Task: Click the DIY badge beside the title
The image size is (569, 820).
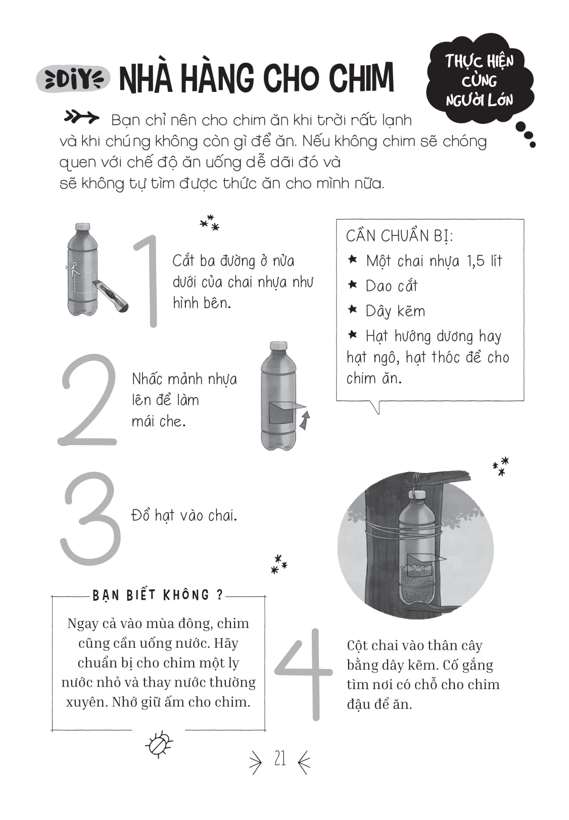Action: click(73, 79)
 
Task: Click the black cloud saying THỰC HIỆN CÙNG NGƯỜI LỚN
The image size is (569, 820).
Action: click(479, 81)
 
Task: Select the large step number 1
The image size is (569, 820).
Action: click(148, 281)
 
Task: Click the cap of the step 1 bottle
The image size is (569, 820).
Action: click(82, 227)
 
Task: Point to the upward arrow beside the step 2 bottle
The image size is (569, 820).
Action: click(304, 420)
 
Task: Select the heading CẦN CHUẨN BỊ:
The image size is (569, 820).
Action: click(399, 236)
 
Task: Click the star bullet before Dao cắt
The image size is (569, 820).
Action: click(353, 285)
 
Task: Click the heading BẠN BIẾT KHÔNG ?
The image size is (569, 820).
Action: click(158, 595)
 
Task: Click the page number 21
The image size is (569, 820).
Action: click(280, 759)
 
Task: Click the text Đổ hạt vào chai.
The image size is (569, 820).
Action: click(184, 515)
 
